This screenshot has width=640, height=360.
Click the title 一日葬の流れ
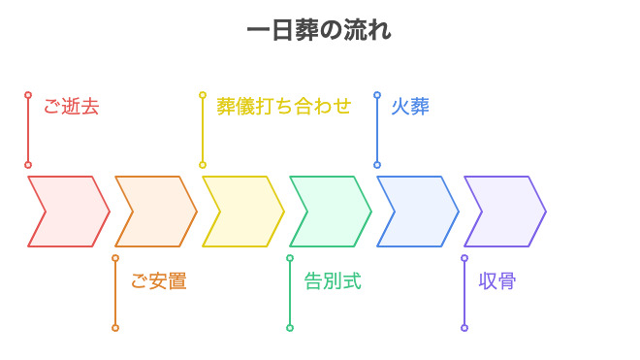tap(319, 30)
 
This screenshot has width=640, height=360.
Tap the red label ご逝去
tap(71, 107)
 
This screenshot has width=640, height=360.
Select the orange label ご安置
tap(158, 281)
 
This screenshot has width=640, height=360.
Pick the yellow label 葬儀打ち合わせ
tap(283, 107)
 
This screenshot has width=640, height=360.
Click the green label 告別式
tap(333, 281)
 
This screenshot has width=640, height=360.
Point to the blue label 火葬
tap(409, 107)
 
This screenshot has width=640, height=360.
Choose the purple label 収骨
tap(497, 281)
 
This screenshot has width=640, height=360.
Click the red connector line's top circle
tap(28, 95)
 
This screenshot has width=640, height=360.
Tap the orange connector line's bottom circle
tap(115, 328)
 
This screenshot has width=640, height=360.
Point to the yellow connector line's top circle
tap(203, 95)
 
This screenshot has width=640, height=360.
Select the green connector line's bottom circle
tap(290, 328)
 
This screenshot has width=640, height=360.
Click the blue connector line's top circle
tap(377, 95)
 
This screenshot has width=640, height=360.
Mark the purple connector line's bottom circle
tap(464, 328)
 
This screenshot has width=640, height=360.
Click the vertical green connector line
tap(290, 293)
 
